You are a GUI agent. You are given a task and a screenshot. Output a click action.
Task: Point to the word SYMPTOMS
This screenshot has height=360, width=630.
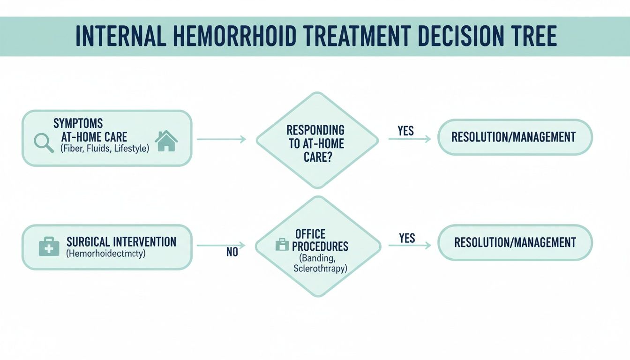pyautogui.click(x=78, y=124)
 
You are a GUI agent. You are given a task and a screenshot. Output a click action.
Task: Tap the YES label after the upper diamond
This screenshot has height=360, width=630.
pyautogui.click(x=406, y=131)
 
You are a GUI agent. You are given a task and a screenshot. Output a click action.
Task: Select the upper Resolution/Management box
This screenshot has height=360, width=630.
pyautogui.click(x=515, y=137)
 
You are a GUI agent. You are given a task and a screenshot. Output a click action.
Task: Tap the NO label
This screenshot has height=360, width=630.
pyautogui.click(x=232, y=252)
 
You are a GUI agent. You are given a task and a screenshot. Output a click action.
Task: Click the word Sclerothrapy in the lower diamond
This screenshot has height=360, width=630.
pyautogui.click(x=321, y=269)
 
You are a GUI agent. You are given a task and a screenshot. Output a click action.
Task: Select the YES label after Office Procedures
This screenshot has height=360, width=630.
pyautogui.click(x=407, y=238)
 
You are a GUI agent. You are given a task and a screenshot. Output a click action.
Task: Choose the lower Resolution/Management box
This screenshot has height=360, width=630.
pyautogui.click(x=515, y=242)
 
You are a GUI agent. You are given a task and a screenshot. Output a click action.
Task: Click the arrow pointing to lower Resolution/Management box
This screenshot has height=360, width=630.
pyautogui.click(x=410, y=245)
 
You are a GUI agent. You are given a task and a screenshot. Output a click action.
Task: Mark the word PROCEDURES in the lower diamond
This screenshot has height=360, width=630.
pyautogui.click(x=322, y=246)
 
